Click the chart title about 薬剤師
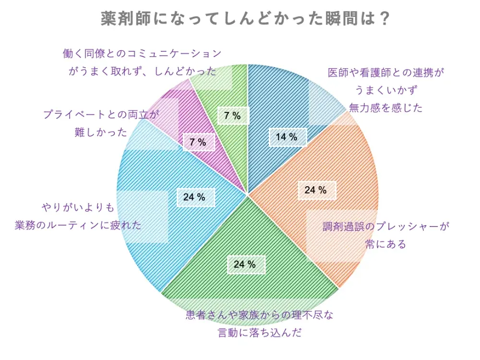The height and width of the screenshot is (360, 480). coord(245,19)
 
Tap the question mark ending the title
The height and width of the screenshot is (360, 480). coord(383,19)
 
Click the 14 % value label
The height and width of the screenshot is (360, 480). coord(287,137)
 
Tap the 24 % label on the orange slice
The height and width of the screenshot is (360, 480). coord(315,190)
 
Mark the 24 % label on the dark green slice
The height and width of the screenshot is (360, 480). coord(245,264)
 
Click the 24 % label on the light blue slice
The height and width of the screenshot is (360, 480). coord(194,197)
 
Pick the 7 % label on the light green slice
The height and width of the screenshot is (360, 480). coord(232,115)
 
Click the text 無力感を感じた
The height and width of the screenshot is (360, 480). coord(386,108)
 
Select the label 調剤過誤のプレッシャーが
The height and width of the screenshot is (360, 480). coord(387,227)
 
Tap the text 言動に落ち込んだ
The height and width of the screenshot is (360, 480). coord(260,332)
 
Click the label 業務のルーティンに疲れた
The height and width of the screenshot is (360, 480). coord(78,225)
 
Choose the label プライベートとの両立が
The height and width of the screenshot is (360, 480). coord(100,115)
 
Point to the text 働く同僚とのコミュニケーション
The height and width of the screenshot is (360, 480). coord(142,53)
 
